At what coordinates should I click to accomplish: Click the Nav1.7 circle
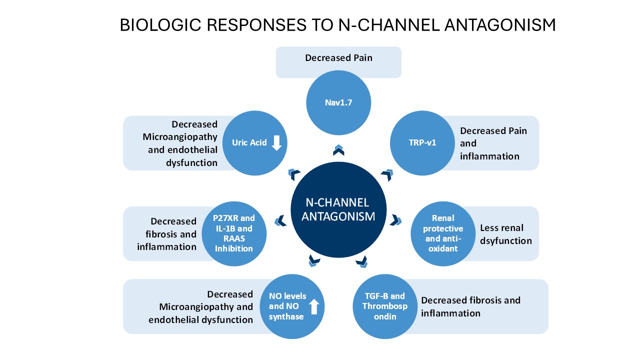coord(338,103)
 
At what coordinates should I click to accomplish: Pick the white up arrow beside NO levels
coord(314,306)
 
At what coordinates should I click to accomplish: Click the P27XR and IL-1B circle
coord(234,233)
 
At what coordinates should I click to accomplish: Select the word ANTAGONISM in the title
coord(500,25)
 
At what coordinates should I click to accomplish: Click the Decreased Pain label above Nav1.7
coord(338,58)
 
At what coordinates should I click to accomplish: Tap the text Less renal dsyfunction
coord(505,234)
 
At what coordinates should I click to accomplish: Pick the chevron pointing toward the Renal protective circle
coord(396,219)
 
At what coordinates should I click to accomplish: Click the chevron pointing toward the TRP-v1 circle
coord(387,174)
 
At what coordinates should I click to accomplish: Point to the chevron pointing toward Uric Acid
coord(294,174)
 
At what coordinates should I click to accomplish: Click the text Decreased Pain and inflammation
coord(492,143)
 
